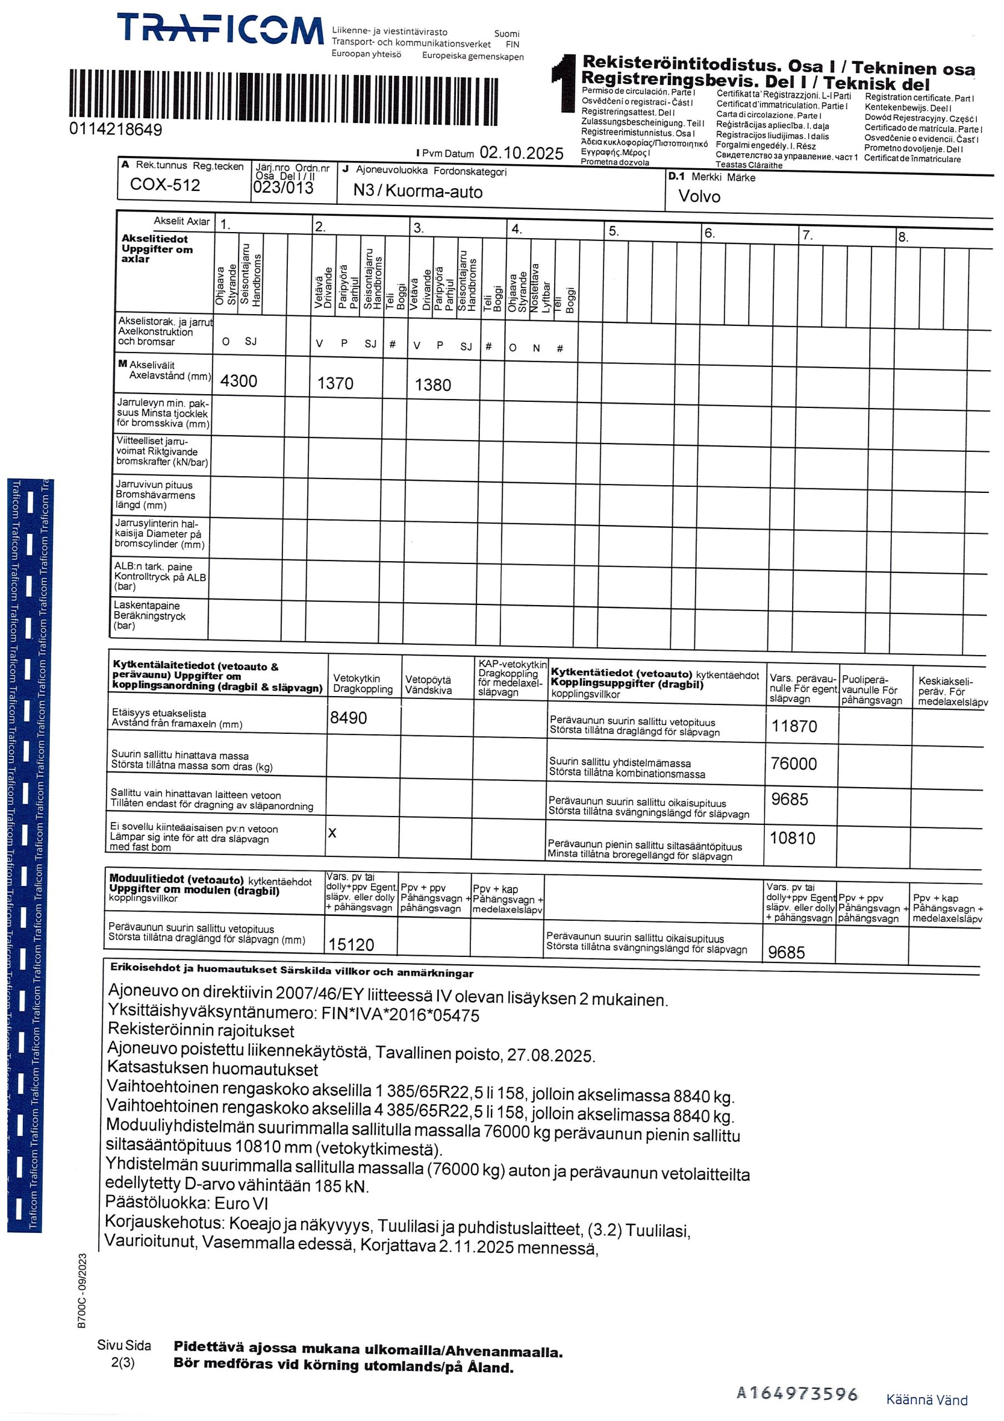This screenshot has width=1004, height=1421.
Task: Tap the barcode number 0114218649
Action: click(x=116, y=129)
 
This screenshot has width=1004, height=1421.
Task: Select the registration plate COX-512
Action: click(x=165, y=184)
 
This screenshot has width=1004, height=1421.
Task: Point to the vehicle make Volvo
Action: click(x=699, y=196)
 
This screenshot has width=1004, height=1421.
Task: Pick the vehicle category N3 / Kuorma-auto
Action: click(x=418, y=190)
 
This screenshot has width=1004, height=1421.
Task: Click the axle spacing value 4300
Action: click(x=238, y=381)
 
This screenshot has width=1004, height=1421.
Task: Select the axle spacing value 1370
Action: click(x=334, y=383)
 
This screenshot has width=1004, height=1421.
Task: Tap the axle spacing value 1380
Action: click(x=433, y=385)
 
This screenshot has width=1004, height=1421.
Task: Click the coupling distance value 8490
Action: click(x=348, y=717)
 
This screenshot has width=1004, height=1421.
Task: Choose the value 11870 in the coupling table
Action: click(x=794, y=726)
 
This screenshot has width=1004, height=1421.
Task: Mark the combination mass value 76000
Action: click(x=793, y=764)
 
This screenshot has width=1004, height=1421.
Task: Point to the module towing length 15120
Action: click(x=351, y=944)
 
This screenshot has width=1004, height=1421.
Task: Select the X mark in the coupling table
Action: click(x=332, y=833)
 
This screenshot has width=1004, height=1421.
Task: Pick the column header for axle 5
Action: click(x=613, y=231)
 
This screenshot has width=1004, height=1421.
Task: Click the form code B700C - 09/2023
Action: click(x=82, y=1291)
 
